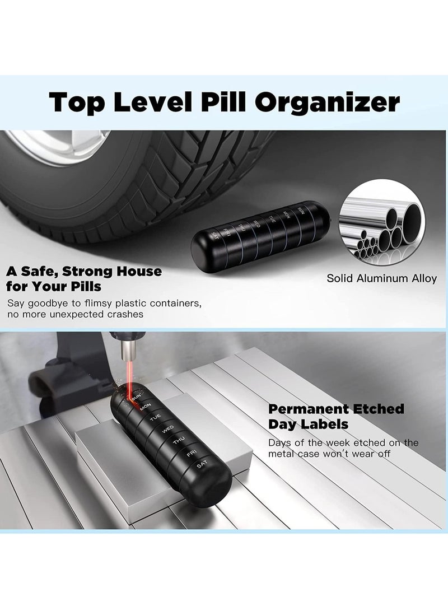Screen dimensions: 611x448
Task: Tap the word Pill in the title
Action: pyautogui.click(x=213, y=102)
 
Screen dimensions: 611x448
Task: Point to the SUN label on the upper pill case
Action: pyautogui.click(x=301, y=211)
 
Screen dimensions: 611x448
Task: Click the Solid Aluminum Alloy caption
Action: pyautogui.click(x=381, y=278)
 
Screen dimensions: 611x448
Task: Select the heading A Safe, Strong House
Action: pyautogui.click(x=84, y=272)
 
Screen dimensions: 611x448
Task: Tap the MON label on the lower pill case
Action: pyautogui.click(x=146, y=405)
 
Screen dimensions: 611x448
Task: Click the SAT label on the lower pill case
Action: pyautogui.click(x=202, y=464)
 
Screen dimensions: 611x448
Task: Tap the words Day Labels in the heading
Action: pyautogui.click(x=307, y=425)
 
